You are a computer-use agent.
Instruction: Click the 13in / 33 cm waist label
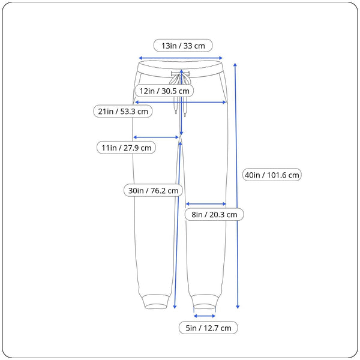[x=183, y=46]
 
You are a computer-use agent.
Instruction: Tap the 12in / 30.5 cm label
[x=164, y=91]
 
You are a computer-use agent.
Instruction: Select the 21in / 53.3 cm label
[x=123, y=111]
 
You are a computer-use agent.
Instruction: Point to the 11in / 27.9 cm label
[x=126, y=148]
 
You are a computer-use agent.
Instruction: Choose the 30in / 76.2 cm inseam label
[x=153, y=190]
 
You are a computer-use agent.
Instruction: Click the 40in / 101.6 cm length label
[x=272, y=175]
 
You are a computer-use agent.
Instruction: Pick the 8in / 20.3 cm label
[x=214, y=214]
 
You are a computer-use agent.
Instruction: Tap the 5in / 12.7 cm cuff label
[x=208, y=328]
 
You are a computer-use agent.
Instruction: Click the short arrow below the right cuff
[x=205, y=316]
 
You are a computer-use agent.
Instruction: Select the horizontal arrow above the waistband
[x=181, y=58]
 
